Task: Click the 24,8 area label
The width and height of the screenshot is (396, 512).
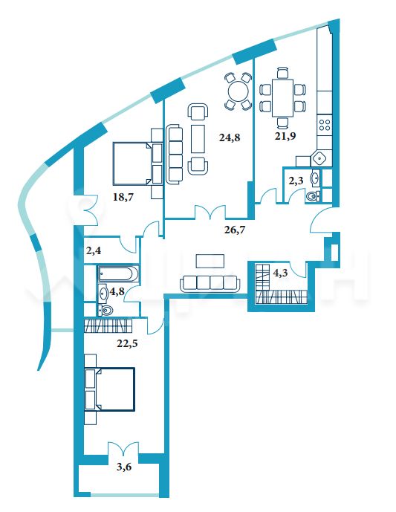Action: pyautogui.click(x=230, y=137)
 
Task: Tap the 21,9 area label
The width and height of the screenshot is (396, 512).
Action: pyautogui.click(x=285, y=136)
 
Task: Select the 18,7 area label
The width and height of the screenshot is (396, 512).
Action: pyautogui.click(x=123, y=197)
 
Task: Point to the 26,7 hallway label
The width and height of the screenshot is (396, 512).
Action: pyautogui.click(x=235, y=230)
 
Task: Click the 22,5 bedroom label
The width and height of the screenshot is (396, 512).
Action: pyautogui.click(x=127, y=343)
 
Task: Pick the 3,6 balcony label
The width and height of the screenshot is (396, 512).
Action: pyautogui.click(x=124, y=467)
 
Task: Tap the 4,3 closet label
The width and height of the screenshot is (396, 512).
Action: pyautogui.click(x=280, y=273)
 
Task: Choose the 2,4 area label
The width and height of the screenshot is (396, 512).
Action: pyautogui.click(x=94, y=250)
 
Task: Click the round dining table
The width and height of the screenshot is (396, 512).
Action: pyautogui.click(x=238, y=91)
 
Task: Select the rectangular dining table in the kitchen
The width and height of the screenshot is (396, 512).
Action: pyautogui.click(x=283, y=98)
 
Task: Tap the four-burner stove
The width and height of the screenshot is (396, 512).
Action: pyautogui.click(x=325, y=124)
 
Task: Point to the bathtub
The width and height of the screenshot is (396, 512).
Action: pyautogui.click(x=117, y=273)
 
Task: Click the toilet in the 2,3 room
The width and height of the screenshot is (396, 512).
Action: pyautogui.click(x=313, y=196)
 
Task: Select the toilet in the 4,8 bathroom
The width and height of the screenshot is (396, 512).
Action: pyautogui.click(x=106, y=310)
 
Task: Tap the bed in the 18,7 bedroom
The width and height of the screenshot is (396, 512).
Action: pyautogui.click(x=137, y=163)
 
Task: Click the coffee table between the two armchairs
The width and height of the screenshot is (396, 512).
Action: pyautogui.click(x=198, y=138)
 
